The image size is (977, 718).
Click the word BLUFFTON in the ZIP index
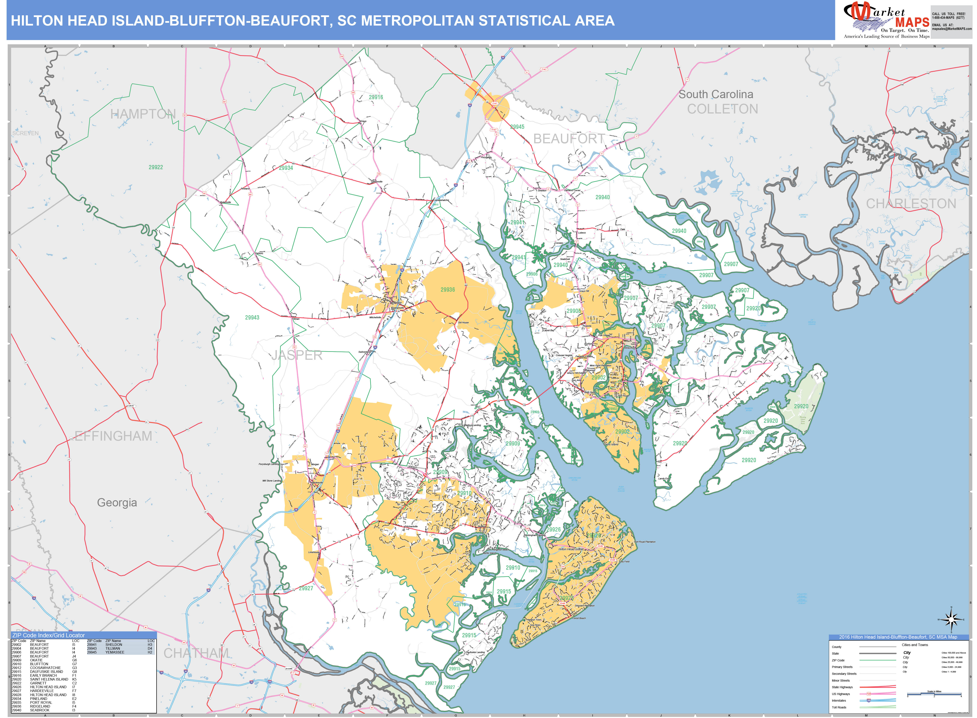tap(39, 664)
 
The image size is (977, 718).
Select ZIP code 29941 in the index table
tap(92, 645)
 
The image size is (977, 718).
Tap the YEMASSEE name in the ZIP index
tap(115, 652)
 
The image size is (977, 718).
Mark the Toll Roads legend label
tap(839, 707)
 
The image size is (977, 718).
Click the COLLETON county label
tap(723, 109)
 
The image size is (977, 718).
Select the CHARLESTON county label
tap(911, 204)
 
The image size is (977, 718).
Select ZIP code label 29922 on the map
tap(156, 167)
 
